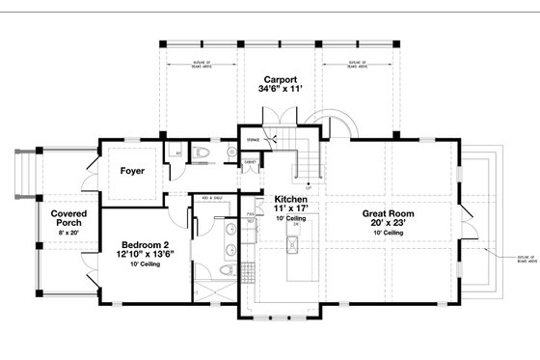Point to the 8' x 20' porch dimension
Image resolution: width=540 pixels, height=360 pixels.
[70, 234]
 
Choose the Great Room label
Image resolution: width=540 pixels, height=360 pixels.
[389, 214]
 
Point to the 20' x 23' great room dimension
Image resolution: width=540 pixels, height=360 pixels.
[389, 225]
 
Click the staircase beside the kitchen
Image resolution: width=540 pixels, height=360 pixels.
[306, 154]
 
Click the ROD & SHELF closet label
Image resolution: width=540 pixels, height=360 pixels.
[211, 199]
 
